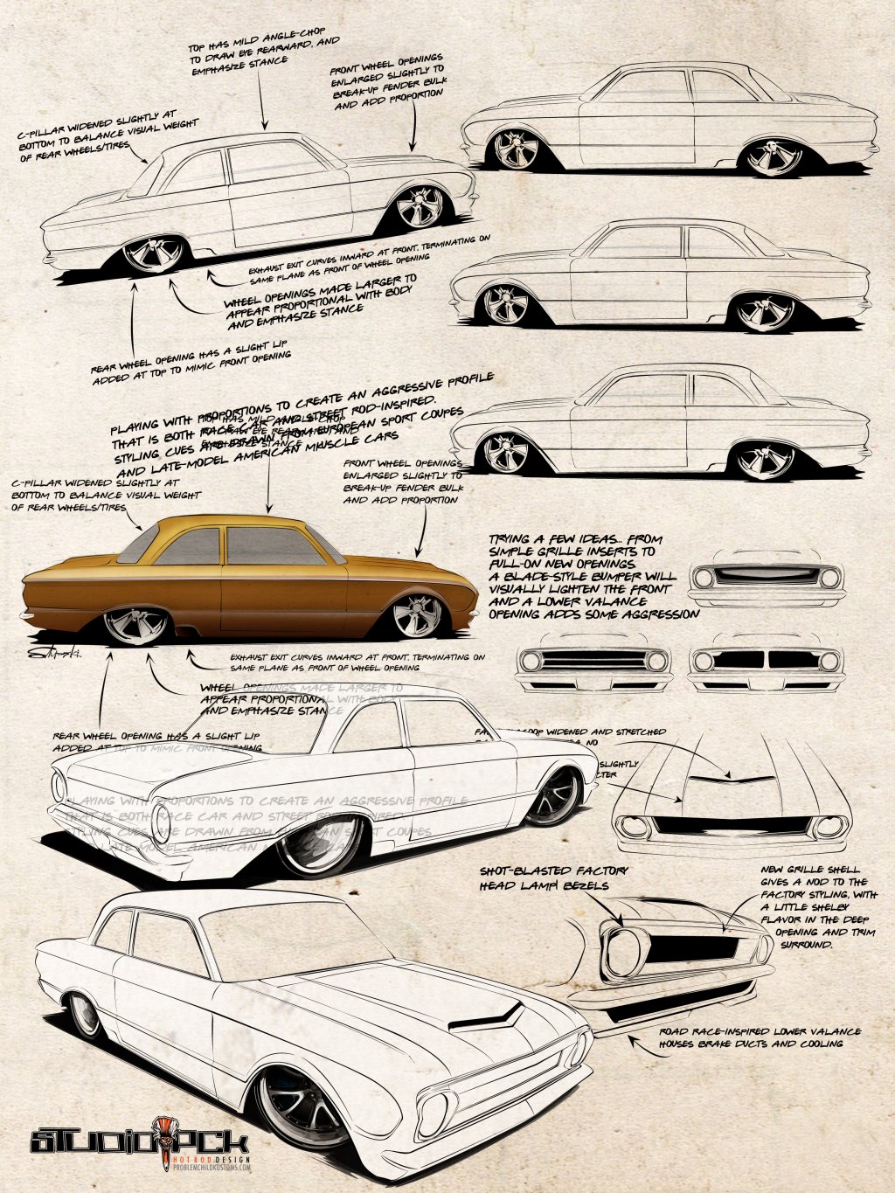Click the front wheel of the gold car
coord(418,616)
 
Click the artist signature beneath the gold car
coord(53,653)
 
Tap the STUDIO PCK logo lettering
coord(140,1141)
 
